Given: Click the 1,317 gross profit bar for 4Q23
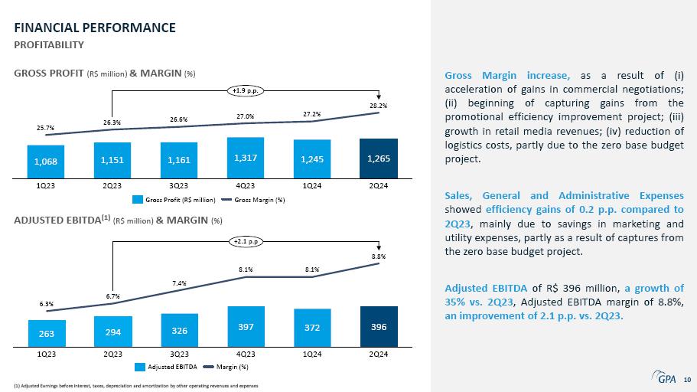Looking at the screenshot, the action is point(246,158).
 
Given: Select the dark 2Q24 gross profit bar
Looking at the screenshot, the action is point(379,158).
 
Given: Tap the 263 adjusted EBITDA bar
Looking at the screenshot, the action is point(47,333).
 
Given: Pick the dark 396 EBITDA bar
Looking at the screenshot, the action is point(379,327).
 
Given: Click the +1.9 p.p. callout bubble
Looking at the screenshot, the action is point(246,91).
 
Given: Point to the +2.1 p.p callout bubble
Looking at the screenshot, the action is point(246,242).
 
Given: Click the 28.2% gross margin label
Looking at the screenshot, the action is point(378,106).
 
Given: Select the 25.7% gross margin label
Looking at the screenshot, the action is point(45,128).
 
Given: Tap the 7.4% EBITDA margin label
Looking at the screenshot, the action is point(179,283).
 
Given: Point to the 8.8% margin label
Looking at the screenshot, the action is point(379,256).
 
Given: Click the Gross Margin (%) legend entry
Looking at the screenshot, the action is point(253,200).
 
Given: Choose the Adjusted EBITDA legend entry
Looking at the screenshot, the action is point(166,367).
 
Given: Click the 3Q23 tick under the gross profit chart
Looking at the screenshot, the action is point(179,185).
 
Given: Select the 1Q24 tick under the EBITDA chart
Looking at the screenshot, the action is point(312,354).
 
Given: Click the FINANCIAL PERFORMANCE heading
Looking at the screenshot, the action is point(95,28).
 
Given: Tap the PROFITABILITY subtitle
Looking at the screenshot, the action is point(49,45).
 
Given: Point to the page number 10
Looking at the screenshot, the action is point(687,380).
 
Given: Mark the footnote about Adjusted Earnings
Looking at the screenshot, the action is point(136,386).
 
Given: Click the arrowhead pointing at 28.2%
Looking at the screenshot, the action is point(379,97).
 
